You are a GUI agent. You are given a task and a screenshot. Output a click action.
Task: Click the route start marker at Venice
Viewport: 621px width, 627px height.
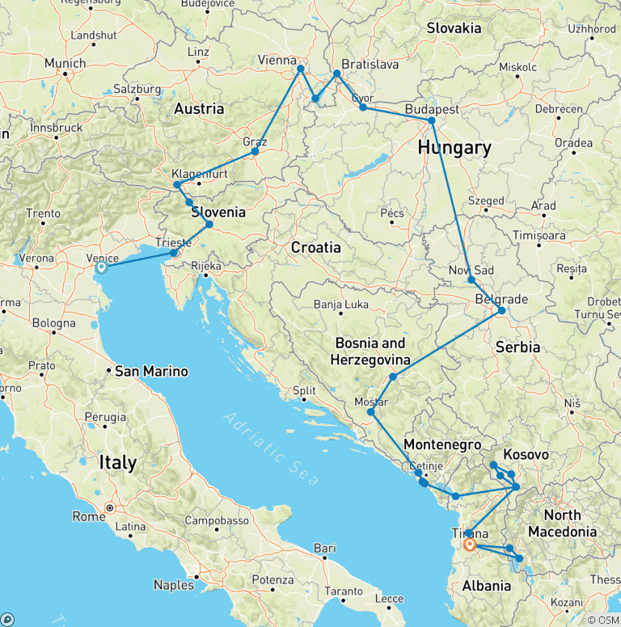[102, 267]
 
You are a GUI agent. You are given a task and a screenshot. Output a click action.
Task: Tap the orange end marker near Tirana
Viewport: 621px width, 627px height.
[470, 545]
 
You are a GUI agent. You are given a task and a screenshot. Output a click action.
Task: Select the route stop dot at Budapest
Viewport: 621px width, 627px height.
[432, 120]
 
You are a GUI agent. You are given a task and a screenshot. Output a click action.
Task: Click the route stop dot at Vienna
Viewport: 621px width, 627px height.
[301, 69]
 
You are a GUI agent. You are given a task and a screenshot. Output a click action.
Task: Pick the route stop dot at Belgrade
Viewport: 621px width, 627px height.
[501, 310]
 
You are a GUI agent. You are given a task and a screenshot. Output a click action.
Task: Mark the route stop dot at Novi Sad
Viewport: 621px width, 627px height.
[471, 280]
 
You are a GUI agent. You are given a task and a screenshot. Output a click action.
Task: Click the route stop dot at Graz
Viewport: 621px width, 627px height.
[255, 151]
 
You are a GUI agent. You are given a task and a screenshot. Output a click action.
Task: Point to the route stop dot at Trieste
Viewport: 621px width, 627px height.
[173, 253]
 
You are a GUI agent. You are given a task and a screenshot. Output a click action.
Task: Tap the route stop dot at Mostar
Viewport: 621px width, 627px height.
[371, 412]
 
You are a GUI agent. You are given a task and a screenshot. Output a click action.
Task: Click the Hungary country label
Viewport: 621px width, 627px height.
[454, 148]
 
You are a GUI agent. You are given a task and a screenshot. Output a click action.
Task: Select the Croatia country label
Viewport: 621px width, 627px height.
[316, 247]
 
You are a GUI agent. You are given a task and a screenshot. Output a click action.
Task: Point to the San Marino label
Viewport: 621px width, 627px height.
[151, 372]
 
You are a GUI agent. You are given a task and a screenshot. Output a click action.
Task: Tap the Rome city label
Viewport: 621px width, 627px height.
[90, 516]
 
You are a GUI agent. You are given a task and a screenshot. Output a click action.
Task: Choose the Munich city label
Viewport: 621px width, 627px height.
[65, 63]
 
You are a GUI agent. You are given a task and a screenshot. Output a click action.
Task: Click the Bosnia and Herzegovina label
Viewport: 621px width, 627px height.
[372, 351]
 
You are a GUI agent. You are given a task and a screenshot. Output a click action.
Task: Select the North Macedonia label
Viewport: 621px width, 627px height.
[562, 523]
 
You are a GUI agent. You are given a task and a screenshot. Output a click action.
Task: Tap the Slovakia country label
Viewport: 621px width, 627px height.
[454, 28]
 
